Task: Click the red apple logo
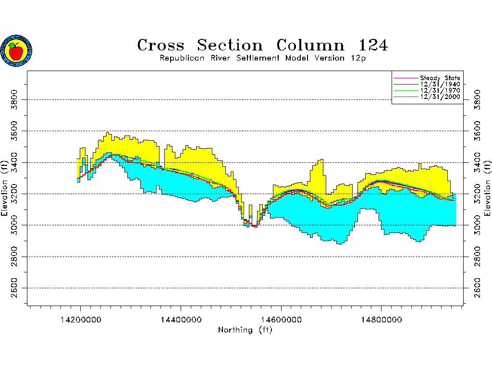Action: (16, 51)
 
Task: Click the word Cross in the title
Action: (160, 46)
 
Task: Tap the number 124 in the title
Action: (373, 46)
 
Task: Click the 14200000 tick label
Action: (80, 319)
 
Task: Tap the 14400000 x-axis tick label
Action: (181, 319)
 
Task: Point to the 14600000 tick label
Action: (281, 319)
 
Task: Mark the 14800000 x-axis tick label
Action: (381, 319)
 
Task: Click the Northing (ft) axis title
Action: (246, 330)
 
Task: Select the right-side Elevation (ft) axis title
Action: (487, 188)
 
